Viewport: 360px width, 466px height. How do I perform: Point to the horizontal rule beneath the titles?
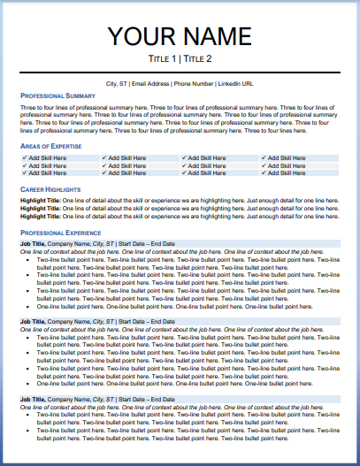pos(180,71)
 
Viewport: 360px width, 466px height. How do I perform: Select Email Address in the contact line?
pos(150,83)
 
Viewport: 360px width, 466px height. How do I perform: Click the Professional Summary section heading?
pos(57,95)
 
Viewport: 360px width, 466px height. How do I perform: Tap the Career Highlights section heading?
pos(50,189)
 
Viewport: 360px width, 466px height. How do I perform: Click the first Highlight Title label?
pos(40,201)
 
